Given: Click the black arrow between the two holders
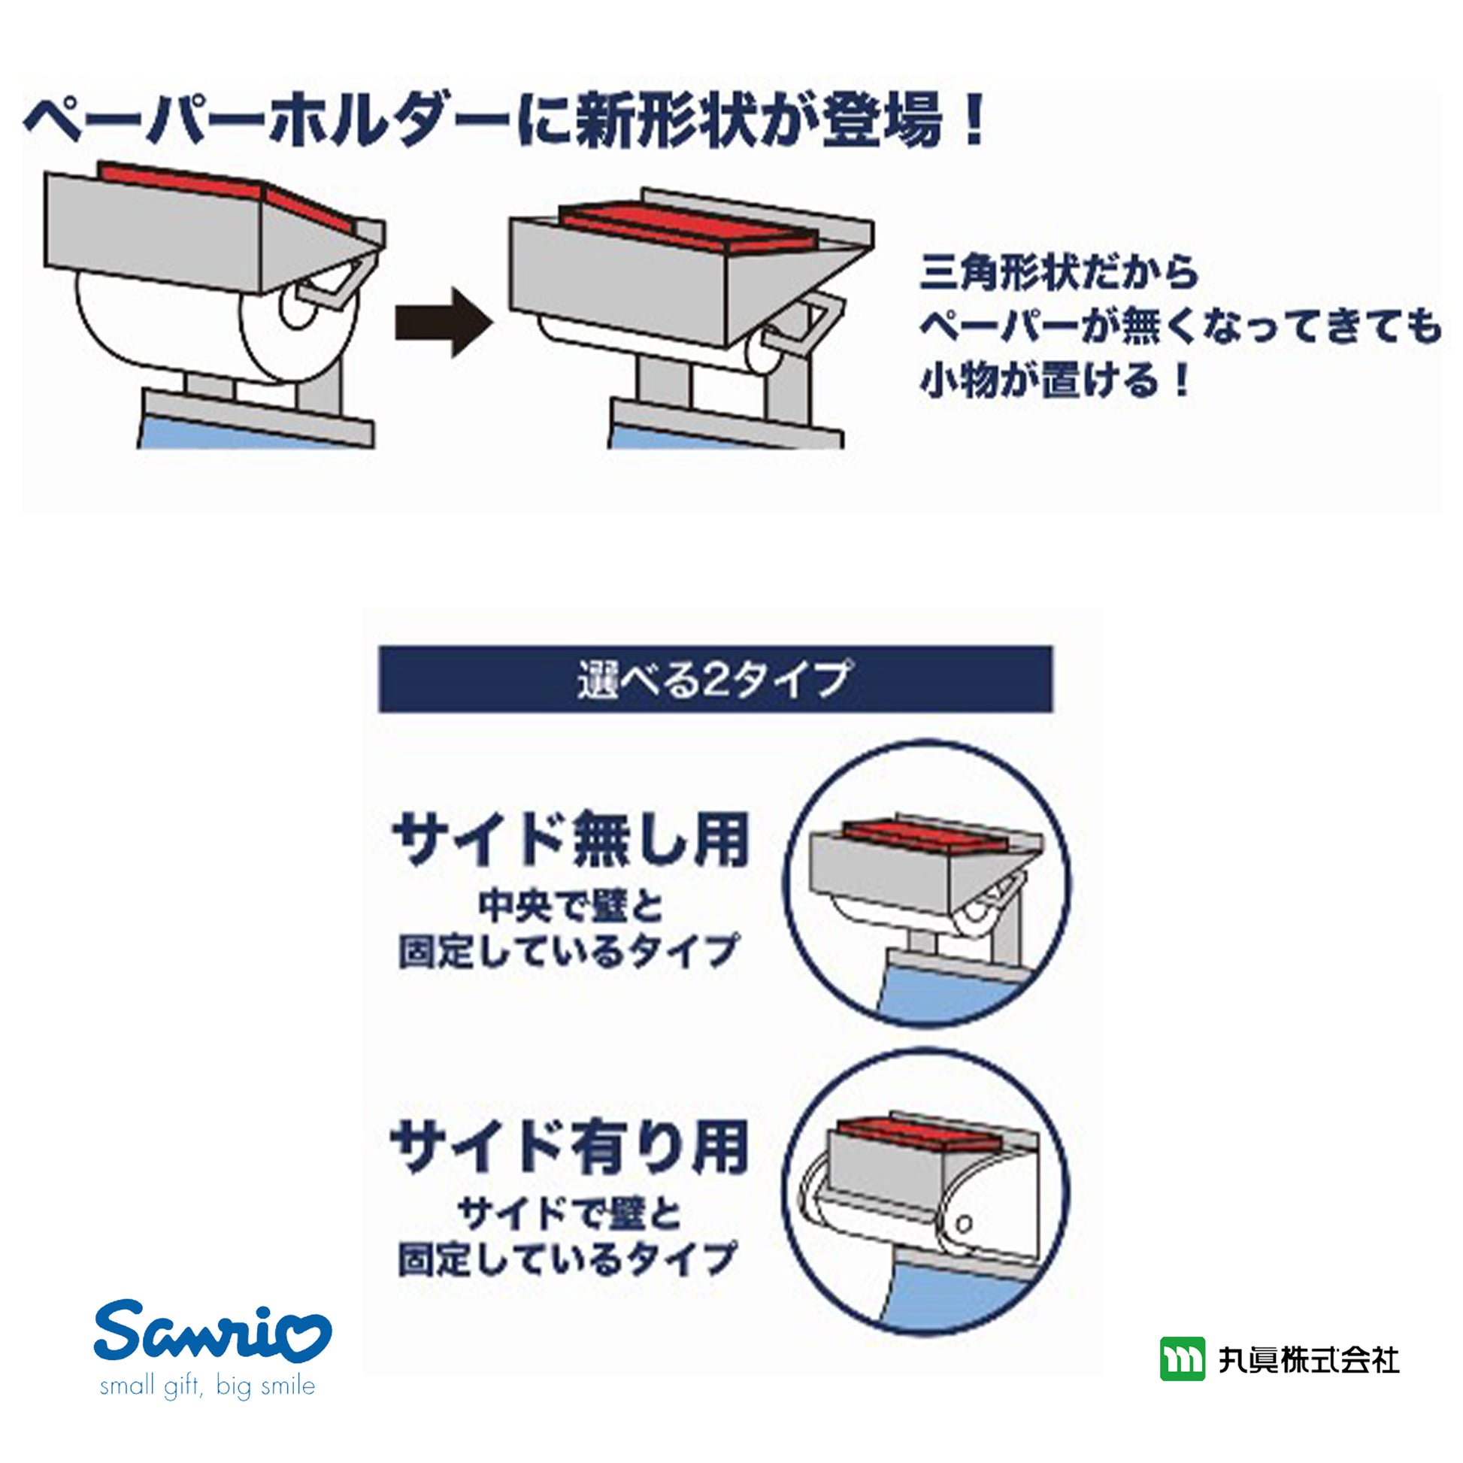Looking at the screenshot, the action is (x=444, y=321).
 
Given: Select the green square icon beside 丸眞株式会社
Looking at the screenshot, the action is (x=1182, y=1359).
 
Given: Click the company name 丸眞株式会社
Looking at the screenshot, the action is (x=1309, y=1360).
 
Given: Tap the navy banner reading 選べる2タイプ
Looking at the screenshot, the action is (x=716, y=678).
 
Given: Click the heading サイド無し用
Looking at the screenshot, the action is (x=571, y=840).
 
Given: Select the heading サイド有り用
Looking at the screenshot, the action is (x=569, y=1146).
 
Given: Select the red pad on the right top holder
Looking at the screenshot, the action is (x=688, y=229).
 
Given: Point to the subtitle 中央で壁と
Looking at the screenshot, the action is (x=571, y=907).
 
